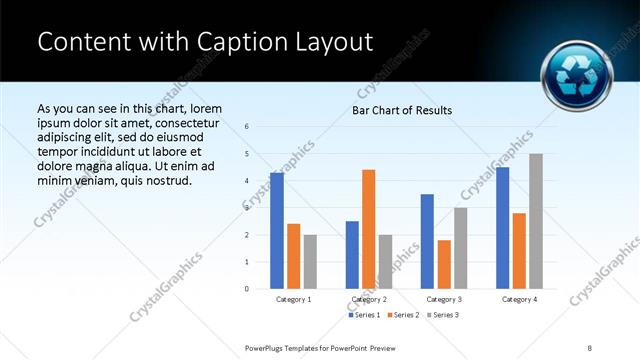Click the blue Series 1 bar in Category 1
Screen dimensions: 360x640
coord(277,231)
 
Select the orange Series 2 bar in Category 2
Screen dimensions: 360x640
coord(369,229)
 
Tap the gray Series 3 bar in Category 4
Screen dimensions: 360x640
coord(536,221)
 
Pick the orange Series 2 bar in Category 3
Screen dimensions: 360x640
coord(444,264)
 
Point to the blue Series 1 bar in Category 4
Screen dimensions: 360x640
coord(502,228)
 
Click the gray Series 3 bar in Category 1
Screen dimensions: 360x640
coord(311,262)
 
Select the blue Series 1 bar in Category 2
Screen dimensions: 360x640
coord(352,255)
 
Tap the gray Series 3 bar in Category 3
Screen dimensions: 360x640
coord(461,248)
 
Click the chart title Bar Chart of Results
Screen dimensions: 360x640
coord(402,110)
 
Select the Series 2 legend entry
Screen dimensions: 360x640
coord(402,315)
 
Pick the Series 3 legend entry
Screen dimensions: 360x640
coord(440,315)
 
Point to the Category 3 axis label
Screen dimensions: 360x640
coord(444,299)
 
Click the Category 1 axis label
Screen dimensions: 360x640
coord(294,299)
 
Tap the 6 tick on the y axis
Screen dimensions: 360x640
coord(247,127)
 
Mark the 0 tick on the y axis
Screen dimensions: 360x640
coord(247,289)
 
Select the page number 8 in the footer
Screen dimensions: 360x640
coord(590,348)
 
